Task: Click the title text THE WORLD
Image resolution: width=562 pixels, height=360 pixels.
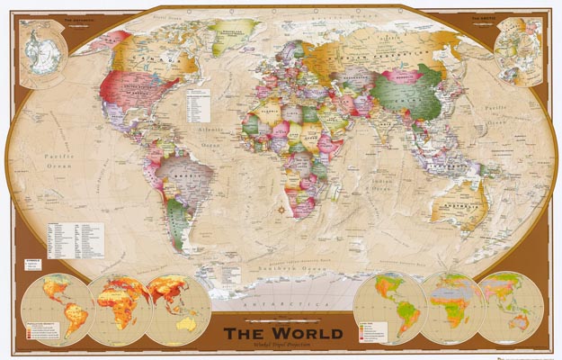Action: click(x=282, y=334)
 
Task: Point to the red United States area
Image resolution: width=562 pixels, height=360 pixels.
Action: click(x=135, y=94)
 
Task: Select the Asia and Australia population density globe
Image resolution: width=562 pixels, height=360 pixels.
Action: click(x=181, y=309)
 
